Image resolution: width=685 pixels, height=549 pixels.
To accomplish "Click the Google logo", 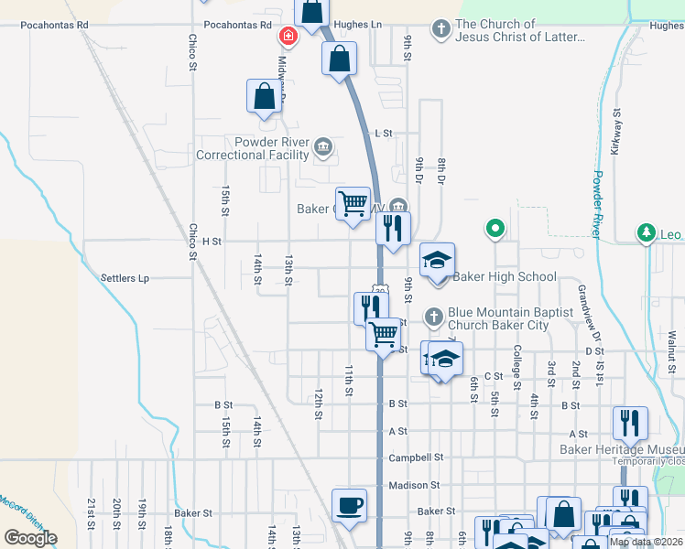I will [x=29, y=538].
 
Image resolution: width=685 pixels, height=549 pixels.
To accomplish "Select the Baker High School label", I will [x=505, y=276].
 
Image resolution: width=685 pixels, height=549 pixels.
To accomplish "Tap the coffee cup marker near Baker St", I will [x=348, y=505].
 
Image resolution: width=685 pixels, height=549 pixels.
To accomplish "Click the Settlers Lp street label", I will [x=125, y=278].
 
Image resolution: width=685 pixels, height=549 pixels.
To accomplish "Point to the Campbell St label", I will [x=415, y=457].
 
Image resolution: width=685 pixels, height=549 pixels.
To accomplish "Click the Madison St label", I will [x=415, y=485].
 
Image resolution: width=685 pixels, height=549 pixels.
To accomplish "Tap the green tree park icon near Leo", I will [x=647, y=232].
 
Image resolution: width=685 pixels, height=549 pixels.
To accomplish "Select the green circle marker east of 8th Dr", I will [x=495, y=228].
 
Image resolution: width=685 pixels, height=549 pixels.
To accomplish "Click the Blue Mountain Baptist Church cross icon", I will [x=435, y=317].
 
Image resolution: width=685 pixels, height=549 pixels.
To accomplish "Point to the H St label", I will [x=212, y=242].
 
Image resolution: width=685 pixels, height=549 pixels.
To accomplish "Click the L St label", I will [x=384, y=133].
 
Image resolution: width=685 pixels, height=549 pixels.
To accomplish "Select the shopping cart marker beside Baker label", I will [x=353, y=202].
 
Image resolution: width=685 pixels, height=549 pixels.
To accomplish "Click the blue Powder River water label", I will [x=597, y=204].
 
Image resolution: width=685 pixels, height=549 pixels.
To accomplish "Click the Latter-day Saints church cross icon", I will [x=441, y=28].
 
